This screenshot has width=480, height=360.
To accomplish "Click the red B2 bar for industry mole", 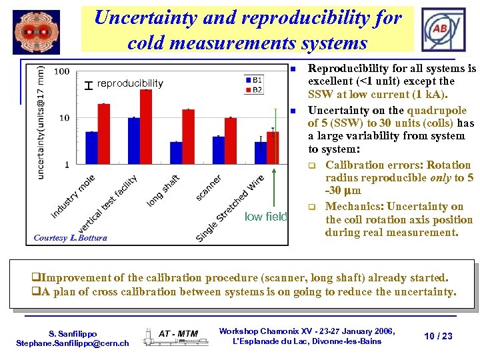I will click(104, 134).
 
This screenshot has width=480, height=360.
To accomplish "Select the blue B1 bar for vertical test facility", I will click(134, 141).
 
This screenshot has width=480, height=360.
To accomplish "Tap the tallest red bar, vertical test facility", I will click(146, 127).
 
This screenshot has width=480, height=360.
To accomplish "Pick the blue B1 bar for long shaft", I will click(176, 153).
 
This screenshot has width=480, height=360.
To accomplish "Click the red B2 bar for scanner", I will click(231, 141).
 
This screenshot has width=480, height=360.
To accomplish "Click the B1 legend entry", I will click(254, 79).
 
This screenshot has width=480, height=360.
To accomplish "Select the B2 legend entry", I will click(254, 88).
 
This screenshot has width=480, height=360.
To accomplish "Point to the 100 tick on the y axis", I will click(62, 71).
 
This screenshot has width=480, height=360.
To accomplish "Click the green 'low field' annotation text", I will click(266, 216).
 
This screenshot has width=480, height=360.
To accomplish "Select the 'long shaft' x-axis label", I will click(163, 189).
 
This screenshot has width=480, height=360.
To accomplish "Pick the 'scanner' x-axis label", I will click(209, 187).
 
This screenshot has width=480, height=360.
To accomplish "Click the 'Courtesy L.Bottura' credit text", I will click(70, 238).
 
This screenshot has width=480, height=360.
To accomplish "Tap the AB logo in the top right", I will click(440, 29).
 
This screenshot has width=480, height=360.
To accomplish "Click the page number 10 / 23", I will click(438, 336).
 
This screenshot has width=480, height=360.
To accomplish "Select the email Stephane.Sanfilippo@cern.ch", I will click(72, 343).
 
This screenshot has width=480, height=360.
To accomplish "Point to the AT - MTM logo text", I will click(178, 333).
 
